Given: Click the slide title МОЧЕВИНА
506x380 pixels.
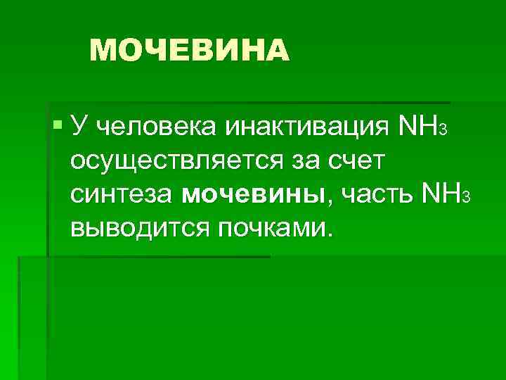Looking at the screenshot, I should [190, 50].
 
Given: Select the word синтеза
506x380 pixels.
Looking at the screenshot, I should [121, 194].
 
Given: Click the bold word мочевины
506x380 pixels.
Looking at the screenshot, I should [253, 194].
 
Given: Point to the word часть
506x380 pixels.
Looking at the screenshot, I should [375, 194].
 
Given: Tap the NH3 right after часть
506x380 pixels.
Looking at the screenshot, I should [443, 194].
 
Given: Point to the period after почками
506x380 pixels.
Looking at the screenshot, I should [323, 234].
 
